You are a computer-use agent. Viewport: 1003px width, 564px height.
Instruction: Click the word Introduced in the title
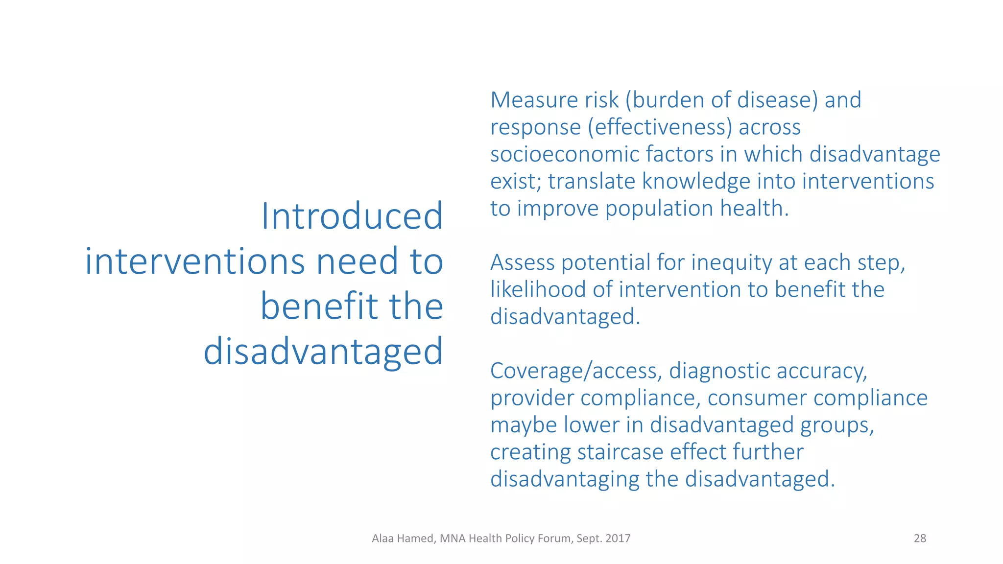point(352,216)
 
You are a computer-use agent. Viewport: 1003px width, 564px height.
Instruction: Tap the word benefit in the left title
point(319,306)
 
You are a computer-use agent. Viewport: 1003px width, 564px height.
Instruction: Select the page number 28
point(920,539)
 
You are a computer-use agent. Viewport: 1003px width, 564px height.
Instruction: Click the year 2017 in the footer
point(618,539)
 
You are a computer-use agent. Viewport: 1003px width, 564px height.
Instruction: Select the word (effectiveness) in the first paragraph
point(660,127)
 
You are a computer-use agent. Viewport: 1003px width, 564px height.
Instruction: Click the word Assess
point(522,263)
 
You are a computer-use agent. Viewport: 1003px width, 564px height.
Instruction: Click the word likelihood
point(538,290)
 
